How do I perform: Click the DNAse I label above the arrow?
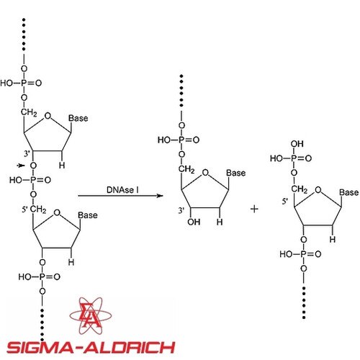[x=122, y=190]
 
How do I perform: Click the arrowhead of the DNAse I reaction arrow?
[x=160, y=196]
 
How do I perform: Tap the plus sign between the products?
[x=254, y=209]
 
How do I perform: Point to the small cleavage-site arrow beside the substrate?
[x=21, y=166]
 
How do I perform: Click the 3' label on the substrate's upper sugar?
[x=27, y=153]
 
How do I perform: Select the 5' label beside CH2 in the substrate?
[x=25, y=210]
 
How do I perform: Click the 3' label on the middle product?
[x=181, y=210]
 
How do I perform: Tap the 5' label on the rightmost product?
[x=285, y=201]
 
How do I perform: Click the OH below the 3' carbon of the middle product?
[x=194, y=222]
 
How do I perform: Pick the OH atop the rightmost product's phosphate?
[x=297, y=144]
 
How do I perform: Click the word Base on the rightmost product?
[x=349, y=192]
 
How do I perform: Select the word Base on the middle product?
[x=236, y=173]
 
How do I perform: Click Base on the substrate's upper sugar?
[x=78, y=118]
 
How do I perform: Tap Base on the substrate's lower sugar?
[x=88, y=215]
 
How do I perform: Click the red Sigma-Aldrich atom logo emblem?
[x=91, y=315]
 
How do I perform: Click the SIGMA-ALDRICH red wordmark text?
[x=91, y=347]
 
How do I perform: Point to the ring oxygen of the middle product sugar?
[x=205, y=173]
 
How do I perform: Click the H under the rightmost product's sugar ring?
[x=333, y=239]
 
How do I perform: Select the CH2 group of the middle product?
[x=186, y=169]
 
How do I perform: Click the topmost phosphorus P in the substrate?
[x=24, y=83]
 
